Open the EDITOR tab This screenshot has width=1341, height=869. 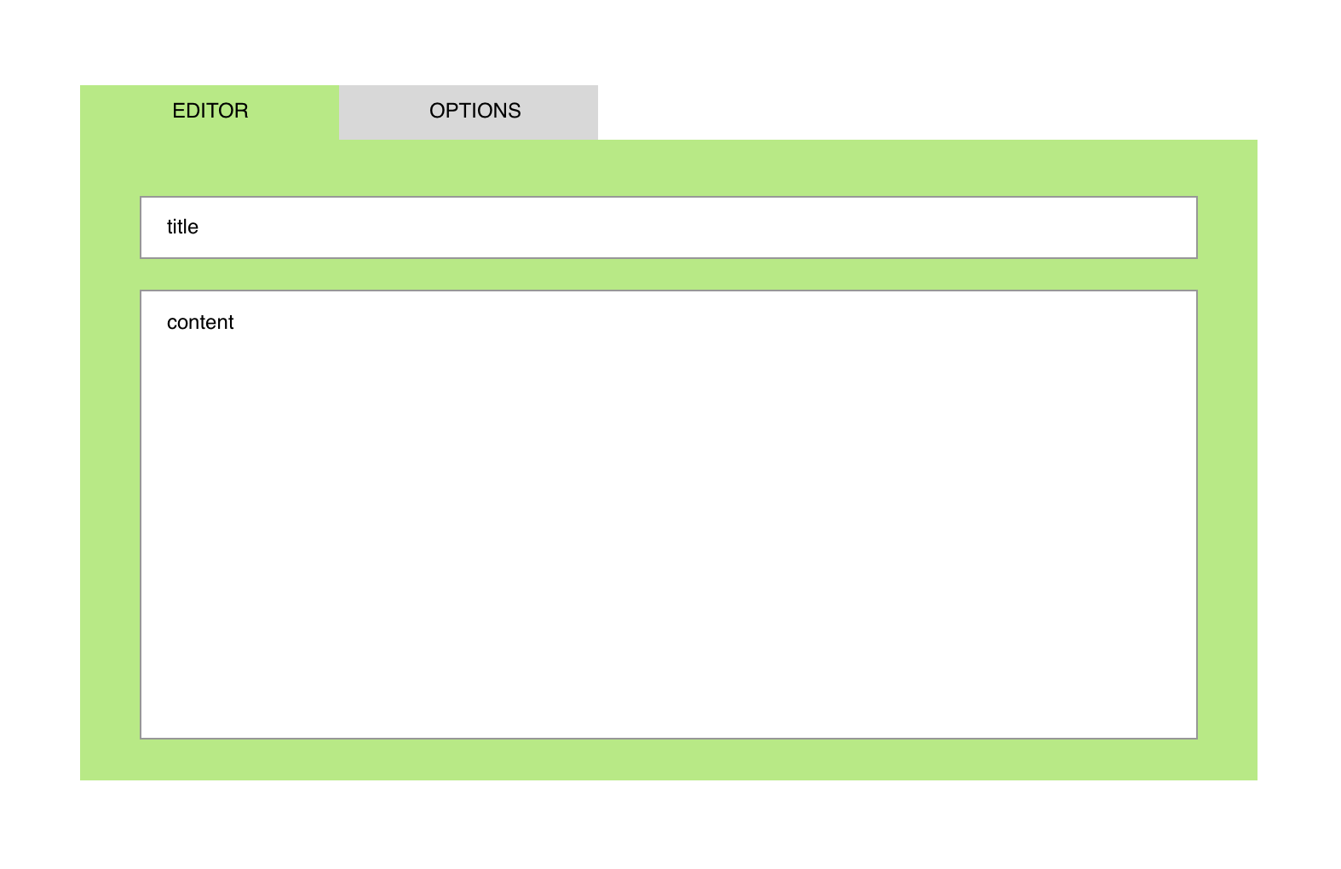[x=210, y=112]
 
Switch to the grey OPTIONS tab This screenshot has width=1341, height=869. [x=468, y=112]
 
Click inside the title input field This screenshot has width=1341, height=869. [x=669, y=227]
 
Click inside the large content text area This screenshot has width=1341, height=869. [x=669, y=515]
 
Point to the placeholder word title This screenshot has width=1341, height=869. [x=182, y=227]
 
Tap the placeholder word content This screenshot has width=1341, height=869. [x=200, y=323]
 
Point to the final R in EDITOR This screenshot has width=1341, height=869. [x=242, y=111]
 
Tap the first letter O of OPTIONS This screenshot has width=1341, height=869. [x=438, y=111]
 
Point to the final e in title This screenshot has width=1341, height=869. [x=193, y=229]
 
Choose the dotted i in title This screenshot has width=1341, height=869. [x=176, y=227]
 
